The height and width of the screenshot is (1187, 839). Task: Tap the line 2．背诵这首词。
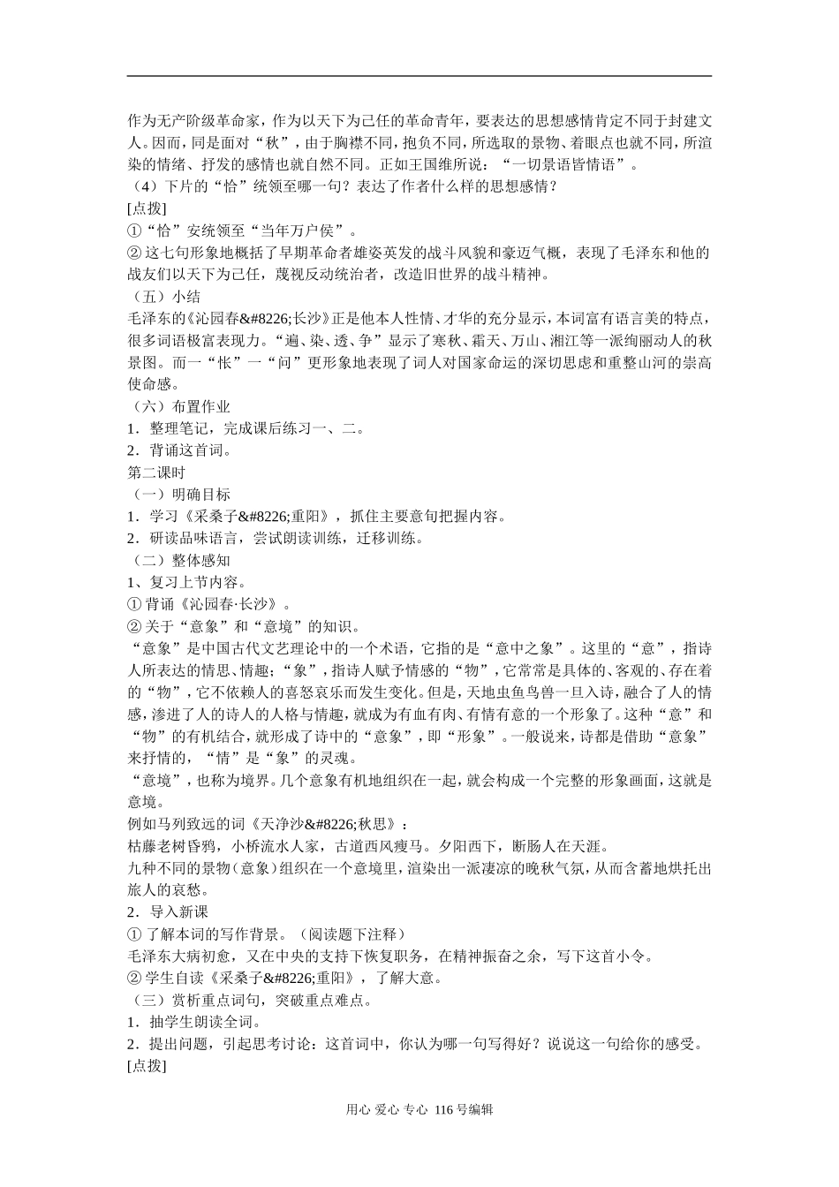click(179, 450)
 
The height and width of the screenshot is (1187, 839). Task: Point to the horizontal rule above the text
click(419, 76)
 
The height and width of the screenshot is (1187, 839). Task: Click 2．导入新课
click(168, 911)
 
